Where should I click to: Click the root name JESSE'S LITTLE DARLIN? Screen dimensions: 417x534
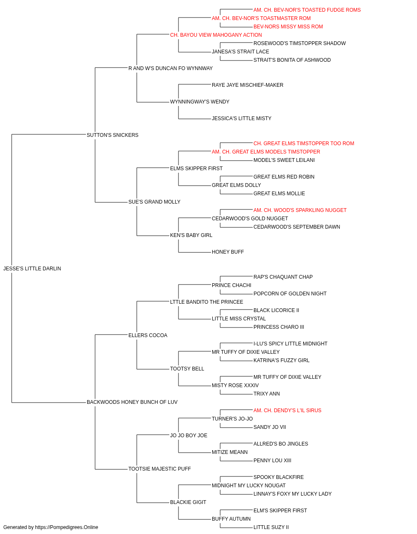pos(32,269)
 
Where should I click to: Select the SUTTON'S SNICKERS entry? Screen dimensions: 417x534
pos(113,135)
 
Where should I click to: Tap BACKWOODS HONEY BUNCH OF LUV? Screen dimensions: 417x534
pos(132,402)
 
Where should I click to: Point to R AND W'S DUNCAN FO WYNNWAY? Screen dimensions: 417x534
pos(171,68)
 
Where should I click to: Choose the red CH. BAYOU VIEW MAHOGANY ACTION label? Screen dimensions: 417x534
pos(216,35)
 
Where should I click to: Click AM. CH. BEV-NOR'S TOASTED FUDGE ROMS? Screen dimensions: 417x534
pos(307,10)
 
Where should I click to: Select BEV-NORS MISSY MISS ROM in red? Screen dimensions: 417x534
pos(288,27)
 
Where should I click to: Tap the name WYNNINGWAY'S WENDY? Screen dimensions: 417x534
pos(200,102)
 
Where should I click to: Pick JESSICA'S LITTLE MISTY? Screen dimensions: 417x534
pos(241,118)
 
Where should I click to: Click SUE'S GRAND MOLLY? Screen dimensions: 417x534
pos(154,202)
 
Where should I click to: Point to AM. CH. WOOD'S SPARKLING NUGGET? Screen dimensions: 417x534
pos(300,210)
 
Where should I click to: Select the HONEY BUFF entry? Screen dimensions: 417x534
pos(228,252)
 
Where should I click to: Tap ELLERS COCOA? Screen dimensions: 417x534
pos(148,335)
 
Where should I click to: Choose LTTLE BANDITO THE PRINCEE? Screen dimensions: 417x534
pos(206,302)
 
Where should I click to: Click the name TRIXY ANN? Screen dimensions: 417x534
pos(266,394)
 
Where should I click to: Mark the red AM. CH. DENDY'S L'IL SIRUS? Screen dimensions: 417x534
pos(287,411)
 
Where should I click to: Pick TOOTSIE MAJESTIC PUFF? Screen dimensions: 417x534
pos(159,469)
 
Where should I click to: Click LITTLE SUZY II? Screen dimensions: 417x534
pos(271,527)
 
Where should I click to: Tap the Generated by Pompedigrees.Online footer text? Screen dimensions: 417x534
pos(50,527)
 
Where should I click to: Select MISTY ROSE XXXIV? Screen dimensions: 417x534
pos(235,385)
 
